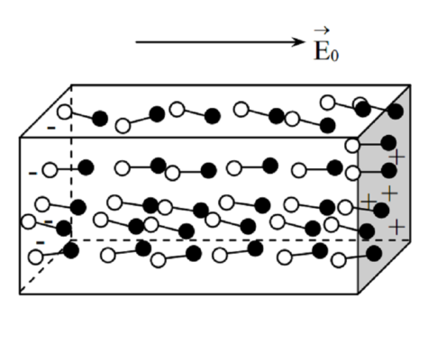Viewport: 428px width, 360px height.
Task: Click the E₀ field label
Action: [326, 46]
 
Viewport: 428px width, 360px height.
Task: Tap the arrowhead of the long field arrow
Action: [298, 42]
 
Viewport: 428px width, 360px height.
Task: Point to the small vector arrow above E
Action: [322, 30]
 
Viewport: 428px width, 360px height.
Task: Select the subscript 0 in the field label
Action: [334, 55]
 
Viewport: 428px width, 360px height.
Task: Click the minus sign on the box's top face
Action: [51, 128]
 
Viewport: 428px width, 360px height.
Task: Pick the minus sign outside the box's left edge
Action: [32, 173]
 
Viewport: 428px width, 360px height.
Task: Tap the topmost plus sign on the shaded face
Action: [397, 157]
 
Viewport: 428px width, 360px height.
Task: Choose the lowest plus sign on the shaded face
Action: [396, 227]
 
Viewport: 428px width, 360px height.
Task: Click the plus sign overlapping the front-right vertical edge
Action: [368, 202]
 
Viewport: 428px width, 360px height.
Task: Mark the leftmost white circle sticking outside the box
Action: [29, 221]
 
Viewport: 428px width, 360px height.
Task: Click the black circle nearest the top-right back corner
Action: [396, 112]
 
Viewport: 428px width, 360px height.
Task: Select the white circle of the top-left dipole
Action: [65, 112]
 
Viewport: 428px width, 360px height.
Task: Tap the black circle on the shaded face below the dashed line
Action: [374, 253]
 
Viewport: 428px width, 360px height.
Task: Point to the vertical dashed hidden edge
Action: [71, 163]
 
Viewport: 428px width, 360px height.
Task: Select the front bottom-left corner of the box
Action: [20, 294]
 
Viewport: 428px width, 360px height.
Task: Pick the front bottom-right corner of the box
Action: [358, 294]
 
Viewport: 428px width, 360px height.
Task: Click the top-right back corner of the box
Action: [410, 85]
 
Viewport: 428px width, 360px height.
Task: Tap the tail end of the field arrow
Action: [136, 42]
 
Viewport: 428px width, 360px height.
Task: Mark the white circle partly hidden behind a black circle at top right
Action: [359, 103]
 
